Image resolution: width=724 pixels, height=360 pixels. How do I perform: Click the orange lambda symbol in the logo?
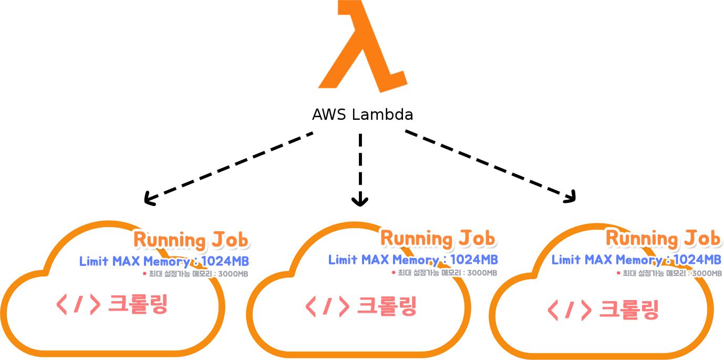(363, 50)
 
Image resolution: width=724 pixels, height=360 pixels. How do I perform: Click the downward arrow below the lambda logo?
(360, 168)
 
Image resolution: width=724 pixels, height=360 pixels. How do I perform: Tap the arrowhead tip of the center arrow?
(360, 204)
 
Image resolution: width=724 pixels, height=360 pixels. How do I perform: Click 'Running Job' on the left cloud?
(191, 240)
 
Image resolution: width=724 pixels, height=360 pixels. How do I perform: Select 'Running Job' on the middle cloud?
(438, 239)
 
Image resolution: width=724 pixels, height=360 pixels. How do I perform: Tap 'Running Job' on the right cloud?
(664, 239)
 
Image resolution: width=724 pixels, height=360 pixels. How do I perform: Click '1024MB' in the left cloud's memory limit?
(225, 261)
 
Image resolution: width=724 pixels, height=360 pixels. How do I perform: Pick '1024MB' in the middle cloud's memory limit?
(474, 260)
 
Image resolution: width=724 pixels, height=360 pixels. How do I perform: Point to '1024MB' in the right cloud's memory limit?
(698, 260)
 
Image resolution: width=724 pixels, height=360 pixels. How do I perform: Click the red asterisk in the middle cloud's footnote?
(393, 272)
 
